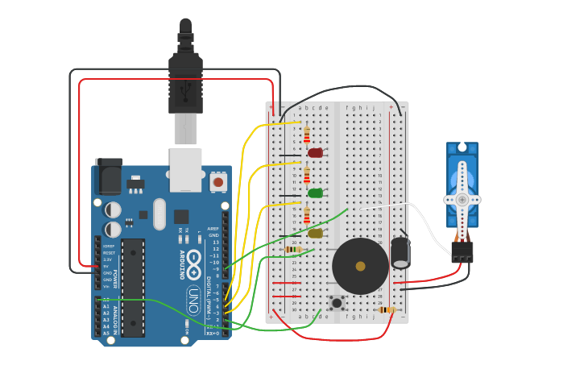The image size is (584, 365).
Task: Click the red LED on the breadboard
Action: click(x=315, y=152)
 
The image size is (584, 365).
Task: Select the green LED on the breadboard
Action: click(x=315, y=193)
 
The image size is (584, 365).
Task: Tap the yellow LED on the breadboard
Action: click(x=315, y=233)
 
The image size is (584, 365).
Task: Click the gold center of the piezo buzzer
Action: click(x=360, y=266)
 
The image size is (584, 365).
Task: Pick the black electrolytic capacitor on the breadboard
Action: click(x=400, y=252)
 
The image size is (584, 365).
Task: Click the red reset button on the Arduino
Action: click(x=217, y=182)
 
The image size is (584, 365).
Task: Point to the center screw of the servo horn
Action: click(x=462, y=199)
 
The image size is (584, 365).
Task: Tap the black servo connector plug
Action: click(x=462, y=252)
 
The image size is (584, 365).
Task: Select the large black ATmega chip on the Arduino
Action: click(x=133, y=287)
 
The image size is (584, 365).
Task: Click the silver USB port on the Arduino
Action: click(x=185, y=169)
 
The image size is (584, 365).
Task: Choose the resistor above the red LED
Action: click(x=306, y=134)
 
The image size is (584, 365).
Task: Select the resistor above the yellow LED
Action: click(x=306, y=214)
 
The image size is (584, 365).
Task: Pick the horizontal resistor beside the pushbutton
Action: click(x=387, y=309)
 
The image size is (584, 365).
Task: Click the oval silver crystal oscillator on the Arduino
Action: click(x=159, y=214)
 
